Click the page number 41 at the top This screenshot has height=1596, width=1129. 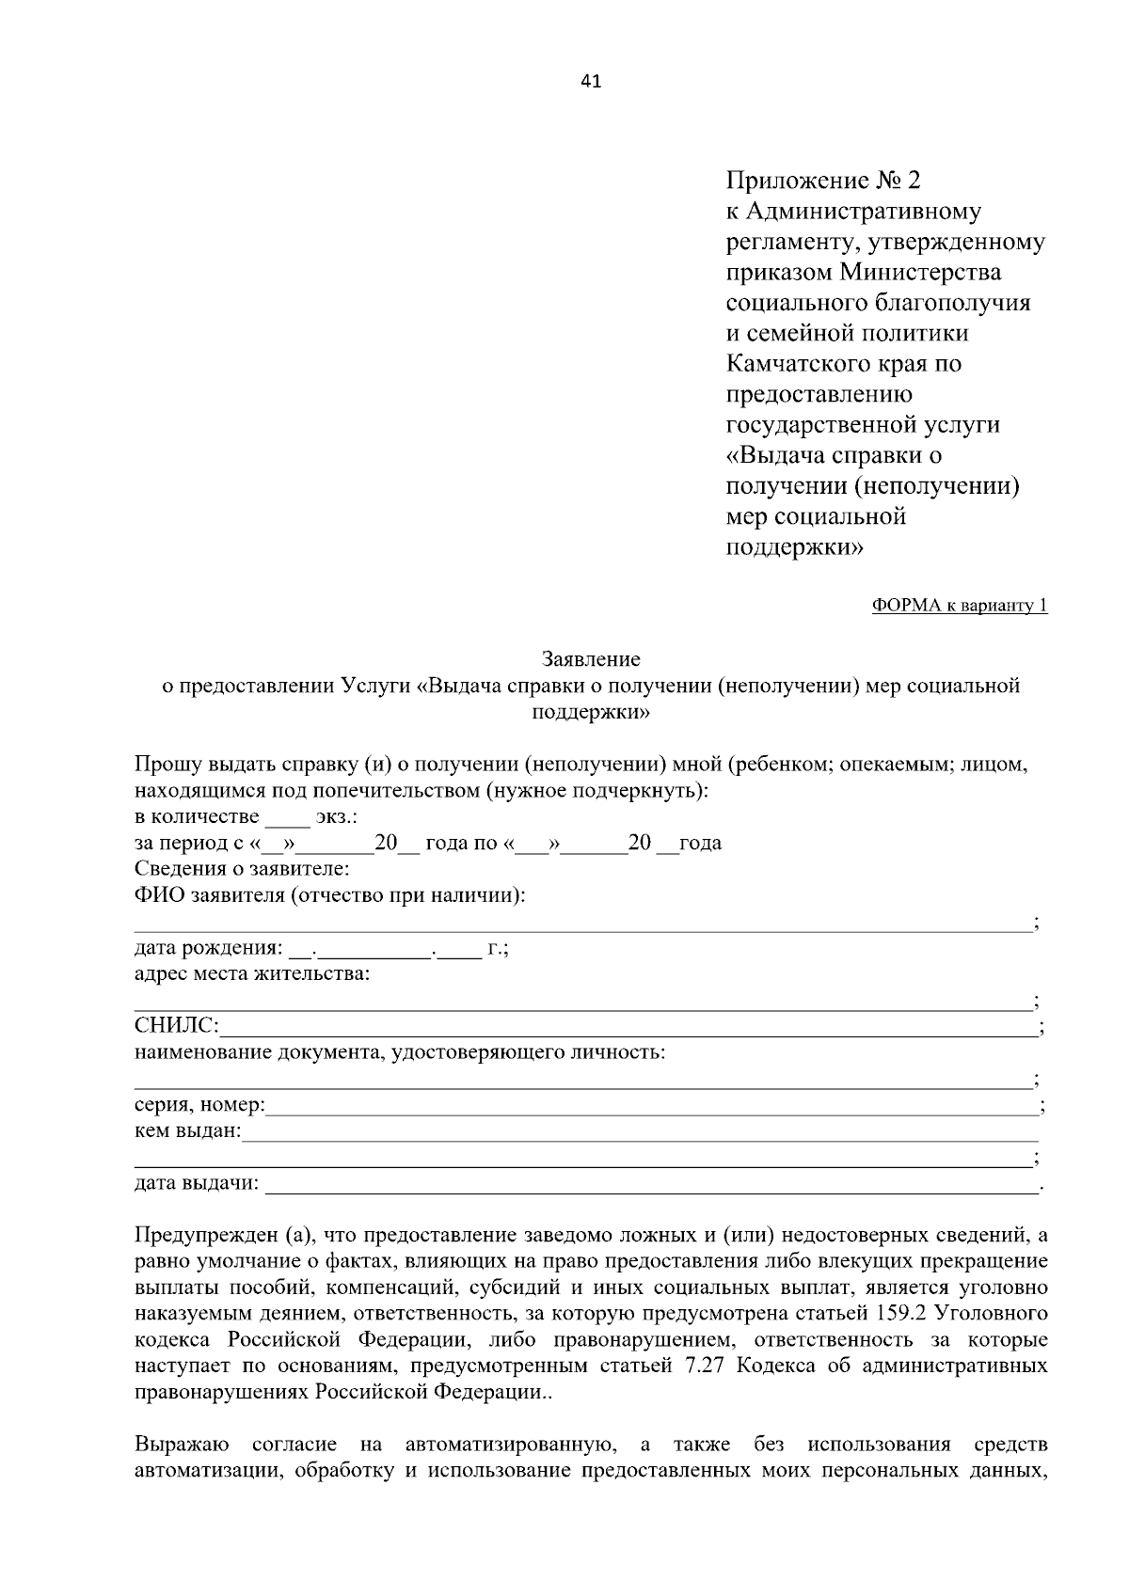pyautogui.click(x=591, y=81)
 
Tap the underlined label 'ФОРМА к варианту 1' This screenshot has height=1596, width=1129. pyautogui.click(x=960, y=606)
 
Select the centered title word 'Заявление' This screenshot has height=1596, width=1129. pyautogui.click(x=591, y=659)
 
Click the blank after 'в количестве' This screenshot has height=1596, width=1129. pyautogui.click(x=280, y=816)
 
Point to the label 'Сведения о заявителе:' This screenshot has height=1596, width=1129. pyautogui.click(x=242, y=868)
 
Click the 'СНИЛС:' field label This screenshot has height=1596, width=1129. pyautogui.click(x=177, y=1024)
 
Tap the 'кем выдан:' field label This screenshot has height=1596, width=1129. pyautogui.click(x=187, y=1130)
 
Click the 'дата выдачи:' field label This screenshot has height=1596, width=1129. pyautogui.click(x=197, y=1183)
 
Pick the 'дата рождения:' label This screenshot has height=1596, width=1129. pyautogui.click(x=208, y=948)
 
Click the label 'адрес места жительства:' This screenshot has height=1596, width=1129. pyautogui.click(x=252, y=973)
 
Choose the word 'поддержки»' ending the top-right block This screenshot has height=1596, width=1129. pyautogui.click(x=794, y=546)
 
